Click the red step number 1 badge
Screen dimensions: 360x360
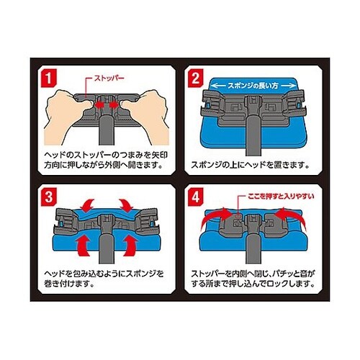coord(49,78)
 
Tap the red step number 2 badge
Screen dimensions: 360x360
coord(195,78)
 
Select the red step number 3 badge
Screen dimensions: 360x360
coord(49,197)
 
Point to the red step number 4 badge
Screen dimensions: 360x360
coord(195,197)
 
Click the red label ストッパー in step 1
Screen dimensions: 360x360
coord(109,78)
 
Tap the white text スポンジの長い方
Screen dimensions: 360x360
coord(253,86)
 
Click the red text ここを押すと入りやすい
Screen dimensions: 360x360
coord(281,197)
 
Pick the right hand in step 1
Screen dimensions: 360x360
coord(145,115)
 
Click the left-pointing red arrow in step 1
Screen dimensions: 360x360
coord(100,104)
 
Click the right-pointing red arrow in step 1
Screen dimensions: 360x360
coord(114,104)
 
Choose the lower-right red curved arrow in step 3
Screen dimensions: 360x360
coord(130,246)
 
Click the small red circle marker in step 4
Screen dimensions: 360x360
coord(238,216)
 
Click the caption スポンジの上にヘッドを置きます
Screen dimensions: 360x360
coord(250,165)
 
